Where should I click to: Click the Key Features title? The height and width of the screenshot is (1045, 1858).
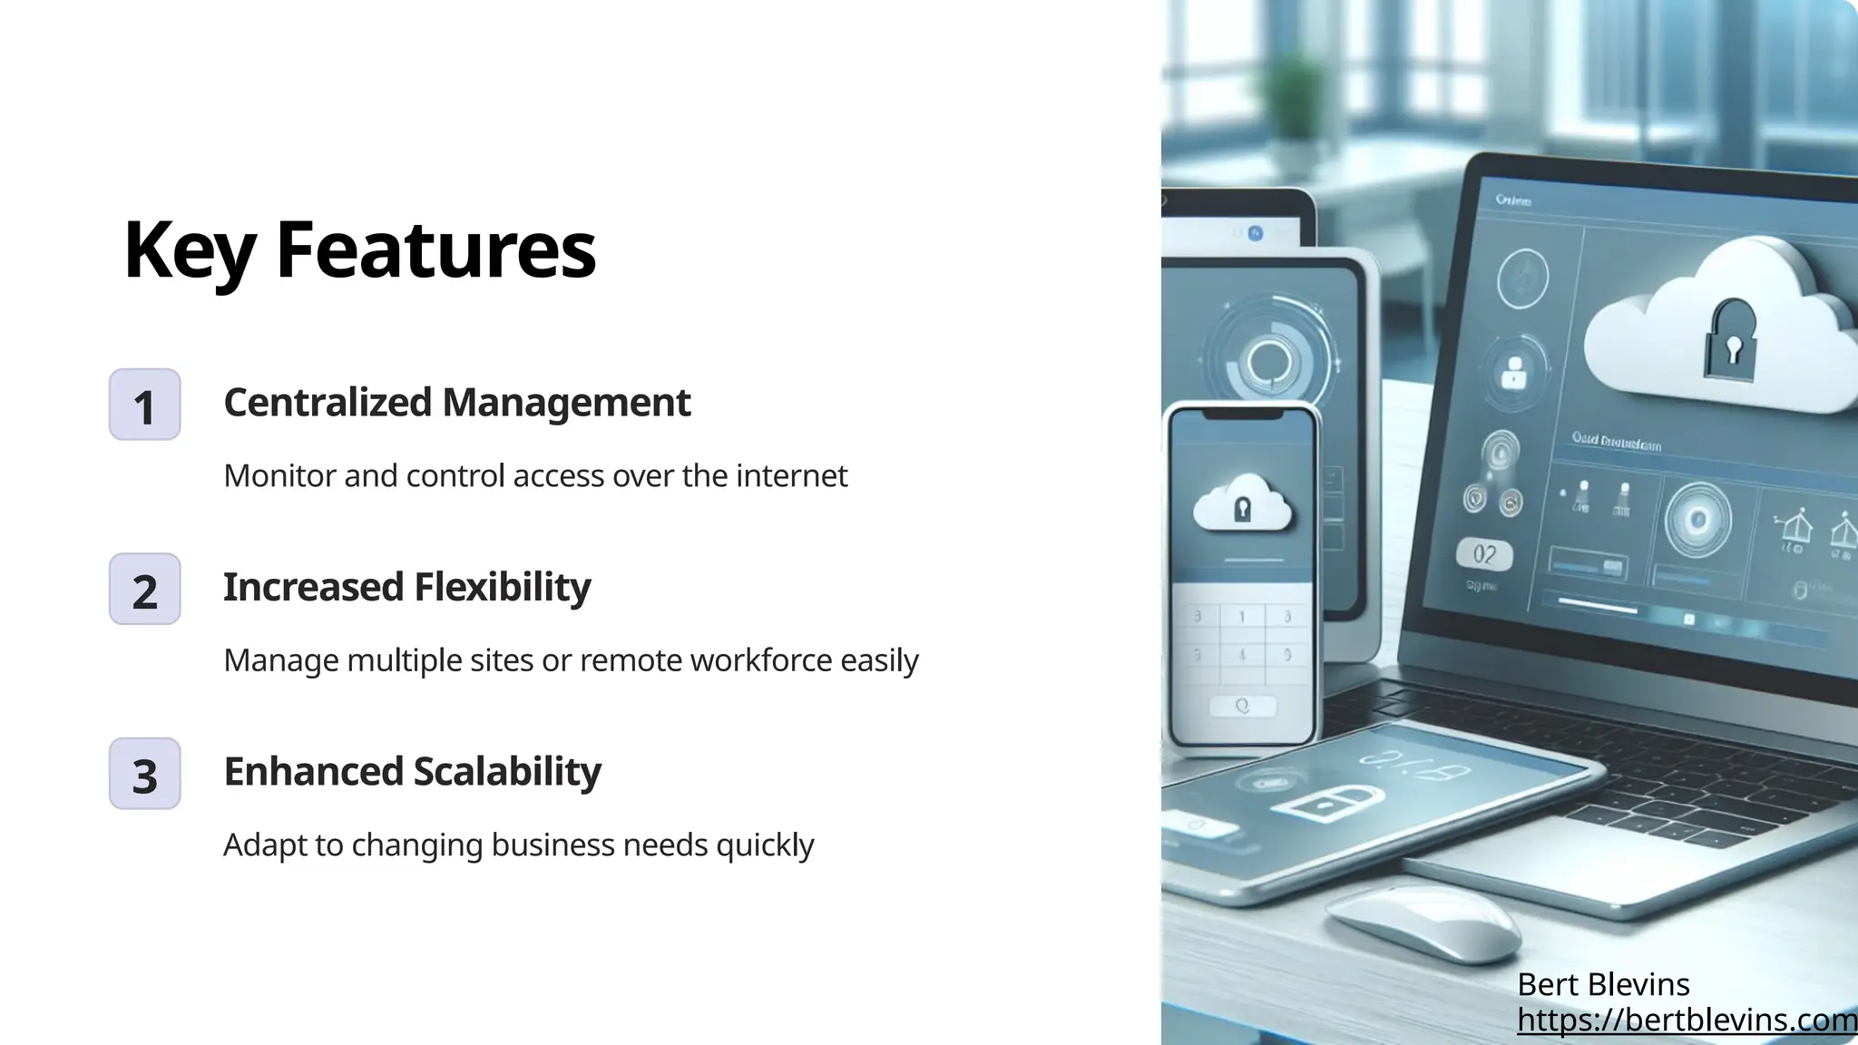(x=359, y=249)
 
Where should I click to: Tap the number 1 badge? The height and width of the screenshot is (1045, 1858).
(x=145, y=405)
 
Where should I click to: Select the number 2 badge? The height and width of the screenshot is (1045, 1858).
(x=145, y=590)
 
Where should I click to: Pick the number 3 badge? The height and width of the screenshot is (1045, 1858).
(x=145, y=774)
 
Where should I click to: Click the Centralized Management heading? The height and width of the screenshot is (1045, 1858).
(x=456, y=402)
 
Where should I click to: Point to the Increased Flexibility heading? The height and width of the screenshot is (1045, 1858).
(x=406, y=587)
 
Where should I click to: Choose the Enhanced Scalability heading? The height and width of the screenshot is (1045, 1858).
(x=412, y=771)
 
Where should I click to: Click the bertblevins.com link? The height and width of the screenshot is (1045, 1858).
(x=1687, y=1021)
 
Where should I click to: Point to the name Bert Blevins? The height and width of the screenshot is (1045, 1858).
(x=1602, y=984)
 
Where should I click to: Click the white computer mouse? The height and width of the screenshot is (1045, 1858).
(x=1423, y=924)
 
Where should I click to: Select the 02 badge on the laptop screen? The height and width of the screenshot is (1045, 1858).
(x=1484, y=554)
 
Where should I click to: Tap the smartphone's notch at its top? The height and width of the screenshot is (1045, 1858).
(x=1242, y=414)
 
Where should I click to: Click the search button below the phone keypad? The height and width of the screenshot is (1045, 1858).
(x=1242, y=706)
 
